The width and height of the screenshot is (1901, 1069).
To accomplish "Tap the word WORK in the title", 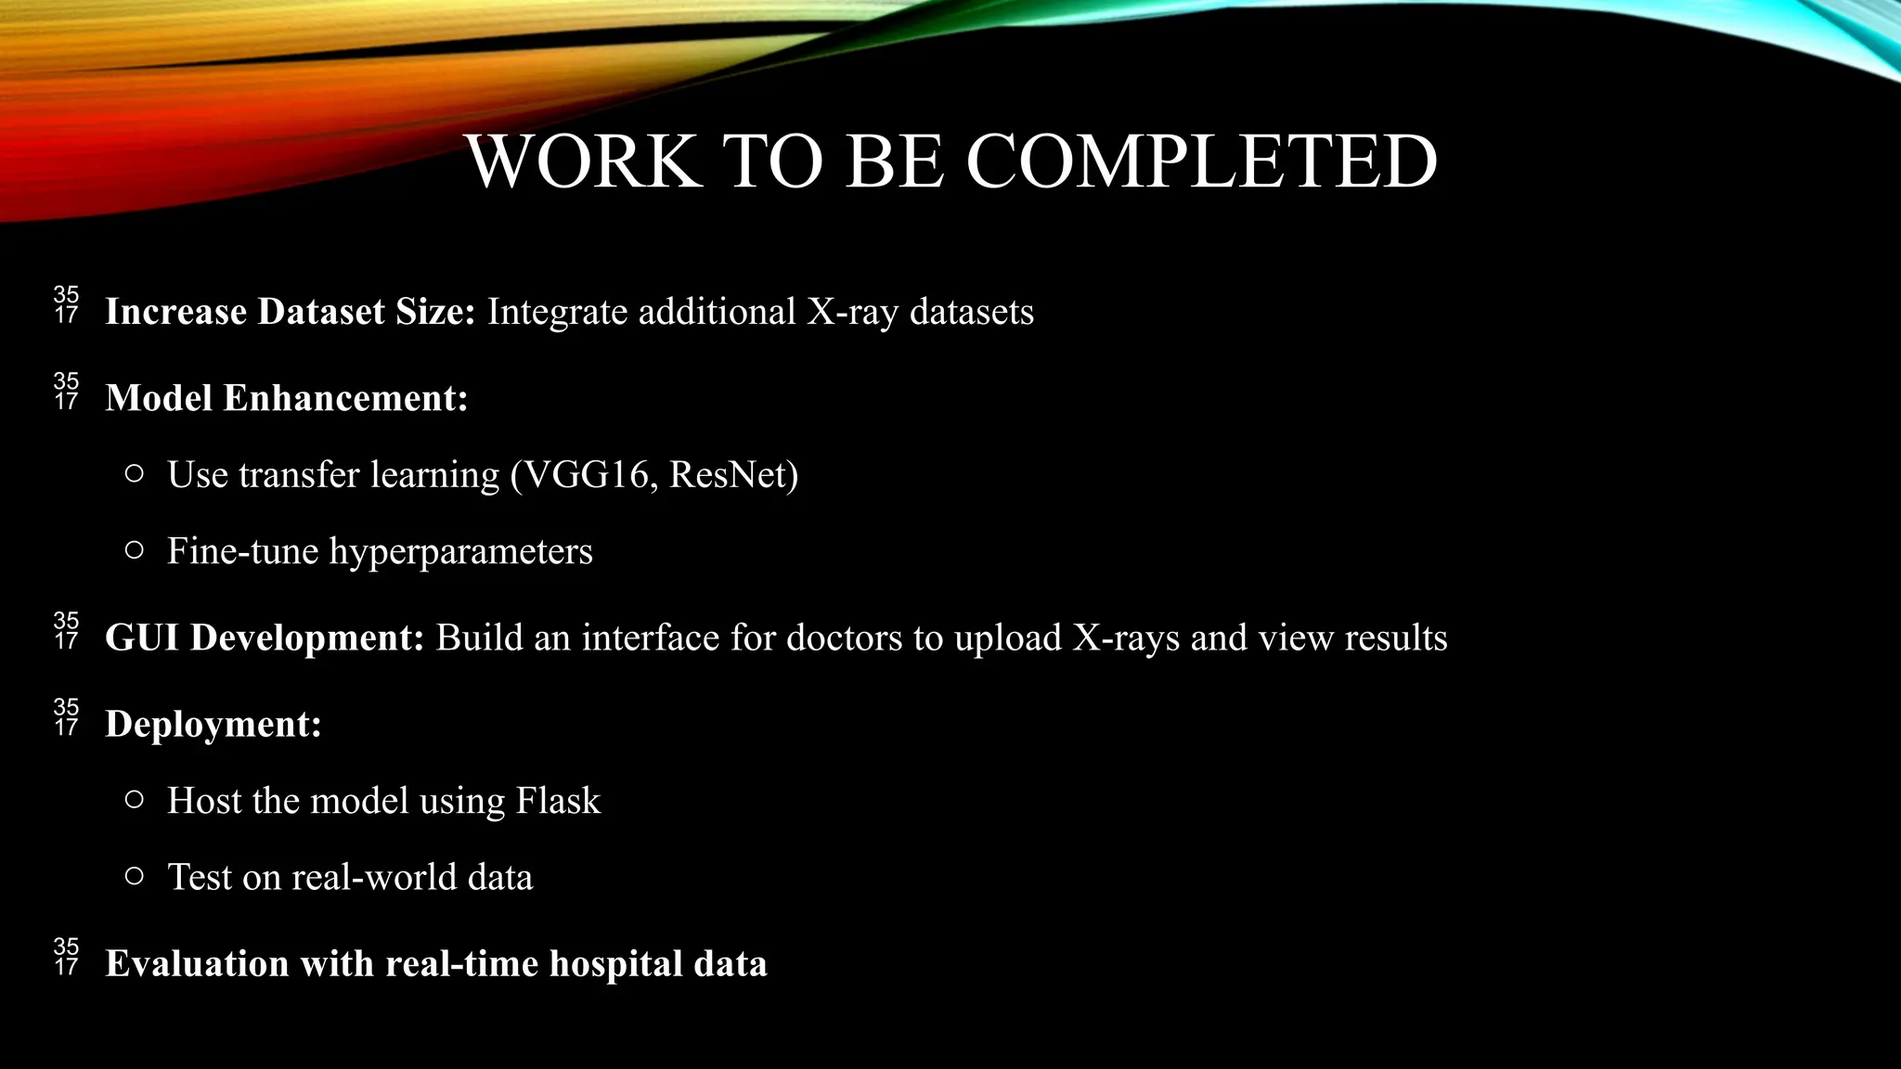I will [585, 161].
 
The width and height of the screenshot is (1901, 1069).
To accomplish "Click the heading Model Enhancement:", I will [287, 398].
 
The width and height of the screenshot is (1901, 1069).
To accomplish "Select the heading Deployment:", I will [213, 724].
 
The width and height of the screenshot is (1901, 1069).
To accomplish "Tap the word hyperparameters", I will [460, 552].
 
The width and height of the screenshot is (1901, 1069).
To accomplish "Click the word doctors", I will [844, 638].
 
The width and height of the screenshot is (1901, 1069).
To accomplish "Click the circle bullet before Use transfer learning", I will [134, 475].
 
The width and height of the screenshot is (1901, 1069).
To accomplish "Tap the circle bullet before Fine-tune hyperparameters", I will [134, 551].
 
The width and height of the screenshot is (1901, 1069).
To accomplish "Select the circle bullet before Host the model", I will [134, 800].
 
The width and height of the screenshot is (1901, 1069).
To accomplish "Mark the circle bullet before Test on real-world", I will [134, 876].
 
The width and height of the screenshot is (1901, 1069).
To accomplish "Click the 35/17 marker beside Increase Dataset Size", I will [66, 305].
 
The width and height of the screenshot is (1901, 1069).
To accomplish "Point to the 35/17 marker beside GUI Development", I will [66, 631].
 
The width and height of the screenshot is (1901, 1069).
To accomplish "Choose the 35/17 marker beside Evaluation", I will [66, 957].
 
